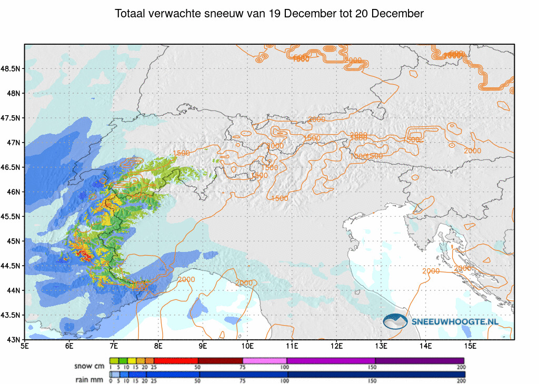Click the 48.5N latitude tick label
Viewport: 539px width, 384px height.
tap(12, 69)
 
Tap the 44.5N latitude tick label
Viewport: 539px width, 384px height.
tap(12, 266)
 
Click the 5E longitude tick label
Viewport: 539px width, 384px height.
tap(25, 346)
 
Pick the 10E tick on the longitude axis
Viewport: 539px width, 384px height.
tap(248, 346)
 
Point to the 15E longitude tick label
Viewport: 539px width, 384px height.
tap(471, 346)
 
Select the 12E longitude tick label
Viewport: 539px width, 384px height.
tap(337, 346)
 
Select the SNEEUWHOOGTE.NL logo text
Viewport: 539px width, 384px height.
tap(454, 321)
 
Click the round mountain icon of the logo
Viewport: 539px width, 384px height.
tap(395, 321)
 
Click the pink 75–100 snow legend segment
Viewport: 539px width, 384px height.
tap(265, 360)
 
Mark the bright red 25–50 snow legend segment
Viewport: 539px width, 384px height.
tap(175, 360)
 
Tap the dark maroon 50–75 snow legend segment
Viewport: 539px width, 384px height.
tap(220, 360)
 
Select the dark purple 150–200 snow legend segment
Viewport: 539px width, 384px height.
tap(420, 360)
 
